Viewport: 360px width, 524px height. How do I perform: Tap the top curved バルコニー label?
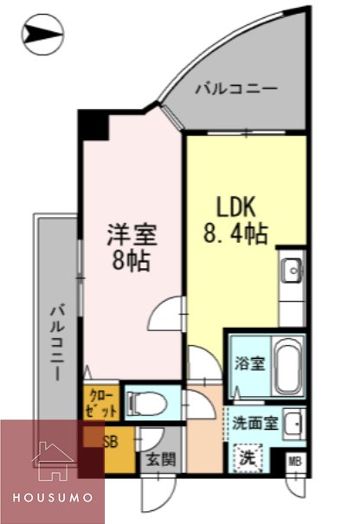235,88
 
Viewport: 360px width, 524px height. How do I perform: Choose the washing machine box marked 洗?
247,456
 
